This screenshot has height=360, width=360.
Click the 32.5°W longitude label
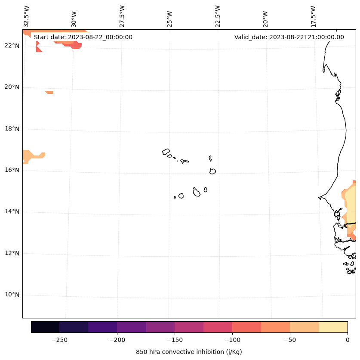pos(27,16)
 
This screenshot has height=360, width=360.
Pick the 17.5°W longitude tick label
pos(313,16)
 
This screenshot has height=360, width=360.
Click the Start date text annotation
pos(83,37)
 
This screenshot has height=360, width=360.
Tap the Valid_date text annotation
pos(289,37)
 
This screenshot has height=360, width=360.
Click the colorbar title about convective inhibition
pos(189,352)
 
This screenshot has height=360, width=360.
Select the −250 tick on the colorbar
pos(59,340)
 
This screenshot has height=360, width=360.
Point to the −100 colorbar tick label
pos(232,340)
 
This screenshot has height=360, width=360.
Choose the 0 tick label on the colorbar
pos(348,340)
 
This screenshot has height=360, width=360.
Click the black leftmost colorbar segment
pos(45,327)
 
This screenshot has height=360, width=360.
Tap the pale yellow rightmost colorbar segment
pos(333,327)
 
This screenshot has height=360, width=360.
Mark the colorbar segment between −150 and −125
pos(189,327)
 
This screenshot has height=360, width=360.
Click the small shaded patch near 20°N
pos(49,92)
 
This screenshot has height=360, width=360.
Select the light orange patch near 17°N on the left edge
pos(30,155)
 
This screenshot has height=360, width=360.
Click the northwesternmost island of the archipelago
pos(166,152)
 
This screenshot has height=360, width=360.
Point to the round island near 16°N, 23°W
pos(212,171)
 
